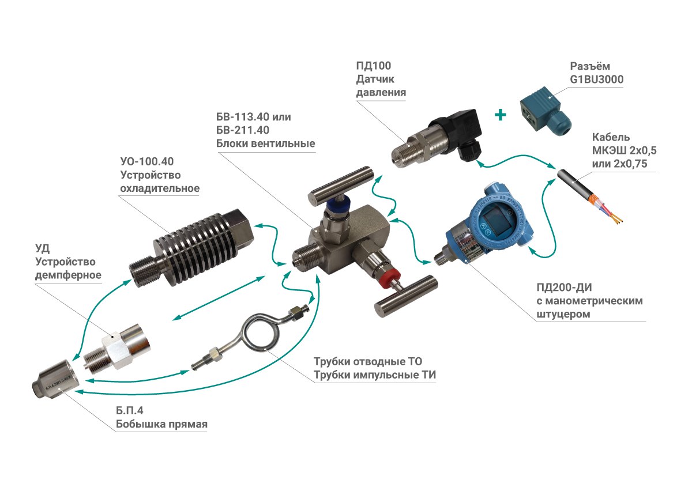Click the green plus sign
tap(500, 115)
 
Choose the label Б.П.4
tap(130, 412)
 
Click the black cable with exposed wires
tap(588, 190)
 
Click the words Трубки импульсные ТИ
tap(375, 375)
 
